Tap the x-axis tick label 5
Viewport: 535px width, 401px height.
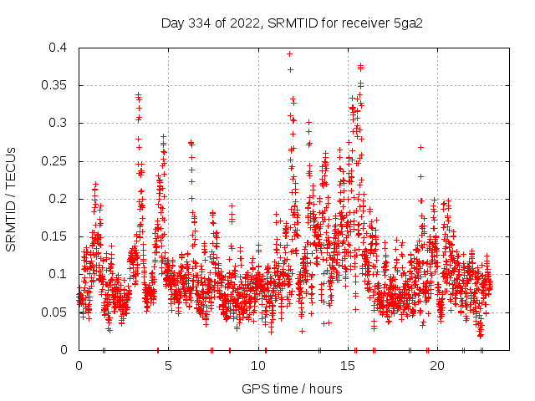pyautogui.click(x=168, y=366)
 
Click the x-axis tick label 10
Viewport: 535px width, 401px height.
pyautogui.click(x=258, y=366)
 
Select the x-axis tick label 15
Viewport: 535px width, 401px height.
pyautogui.click(x=348, y=366)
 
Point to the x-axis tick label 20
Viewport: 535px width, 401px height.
pyautogui.click(x=437, y=366)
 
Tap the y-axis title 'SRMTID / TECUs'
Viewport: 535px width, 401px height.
pyautogui.click(x=12, y=199)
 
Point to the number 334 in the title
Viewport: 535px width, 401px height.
pyautogui.click(x=198, y=23)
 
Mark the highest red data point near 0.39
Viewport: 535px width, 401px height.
pyautogui.click(x=289, y=53)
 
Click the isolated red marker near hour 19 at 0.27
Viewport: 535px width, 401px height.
pyautogui.click(x=420, y=147)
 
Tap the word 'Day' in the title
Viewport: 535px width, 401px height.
pyautogui.click(x=173, y=23)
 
